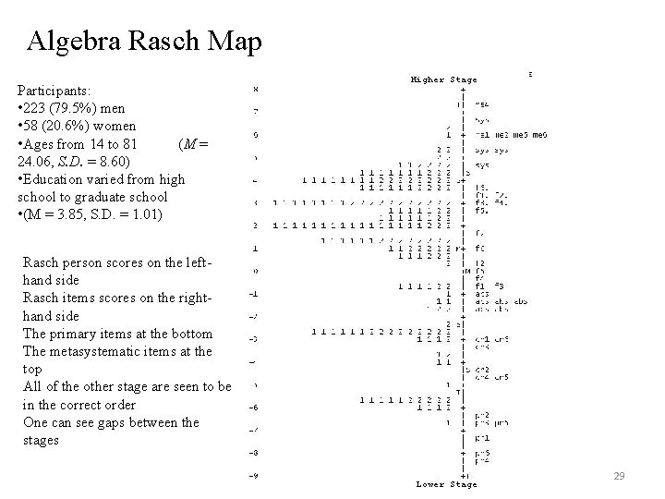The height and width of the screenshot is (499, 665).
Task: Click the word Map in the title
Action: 237,42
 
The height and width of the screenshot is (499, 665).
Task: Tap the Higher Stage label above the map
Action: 444,79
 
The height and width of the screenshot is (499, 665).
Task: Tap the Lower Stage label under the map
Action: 446,483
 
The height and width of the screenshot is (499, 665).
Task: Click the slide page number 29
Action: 620,476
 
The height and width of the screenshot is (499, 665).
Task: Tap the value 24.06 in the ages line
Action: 36,161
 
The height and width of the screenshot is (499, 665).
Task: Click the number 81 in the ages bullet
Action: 127,143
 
